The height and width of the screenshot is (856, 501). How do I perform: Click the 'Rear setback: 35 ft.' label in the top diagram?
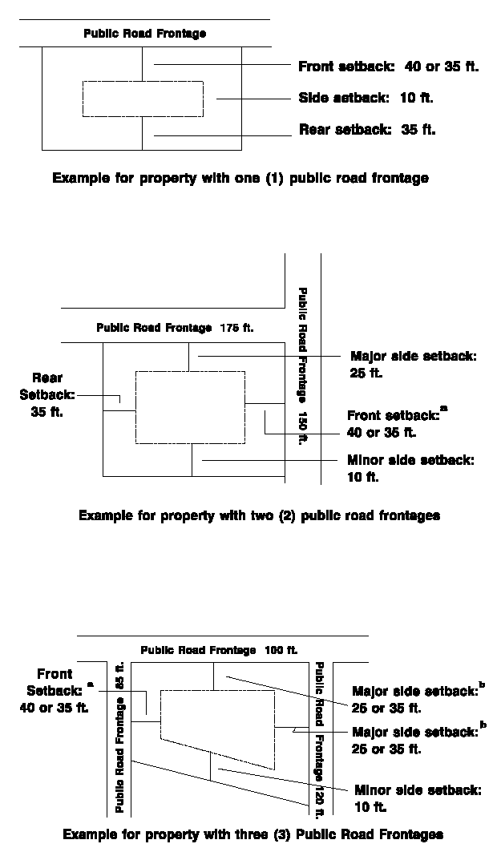coord(367,129)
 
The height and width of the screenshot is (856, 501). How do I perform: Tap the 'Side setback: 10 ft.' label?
coord(366,98)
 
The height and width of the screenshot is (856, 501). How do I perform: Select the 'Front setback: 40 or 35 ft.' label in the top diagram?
coord(388,67)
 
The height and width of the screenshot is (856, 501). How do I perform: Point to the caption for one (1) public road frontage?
coord(240,178)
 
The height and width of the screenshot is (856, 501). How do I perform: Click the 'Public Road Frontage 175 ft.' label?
coord(175,328)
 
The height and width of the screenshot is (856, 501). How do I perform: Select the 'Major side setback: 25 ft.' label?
coord(413,364)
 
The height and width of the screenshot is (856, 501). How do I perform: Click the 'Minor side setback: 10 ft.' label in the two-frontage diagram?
coord(410,468)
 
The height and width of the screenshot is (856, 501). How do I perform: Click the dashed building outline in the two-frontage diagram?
coord(190,408)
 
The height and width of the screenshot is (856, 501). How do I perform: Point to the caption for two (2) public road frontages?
coord(259,515)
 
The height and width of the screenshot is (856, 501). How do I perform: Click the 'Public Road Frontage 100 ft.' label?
coord(219,650)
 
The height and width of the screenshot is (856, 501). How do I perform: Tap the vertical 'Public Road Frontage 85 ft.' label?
coord(120,737)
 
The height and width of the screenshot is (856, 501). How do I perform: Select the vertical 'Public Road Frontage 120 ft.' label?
coord(319,733)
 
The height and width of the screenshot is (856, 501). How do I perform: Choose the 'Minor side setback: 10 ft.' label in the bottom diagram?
coord(417,797)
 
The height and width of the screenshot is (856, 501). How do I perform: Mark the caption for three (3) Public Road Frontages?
coord(253,834)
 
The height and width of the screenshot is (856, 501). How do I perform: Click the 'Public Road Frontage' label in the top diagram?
coord(145,34)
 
